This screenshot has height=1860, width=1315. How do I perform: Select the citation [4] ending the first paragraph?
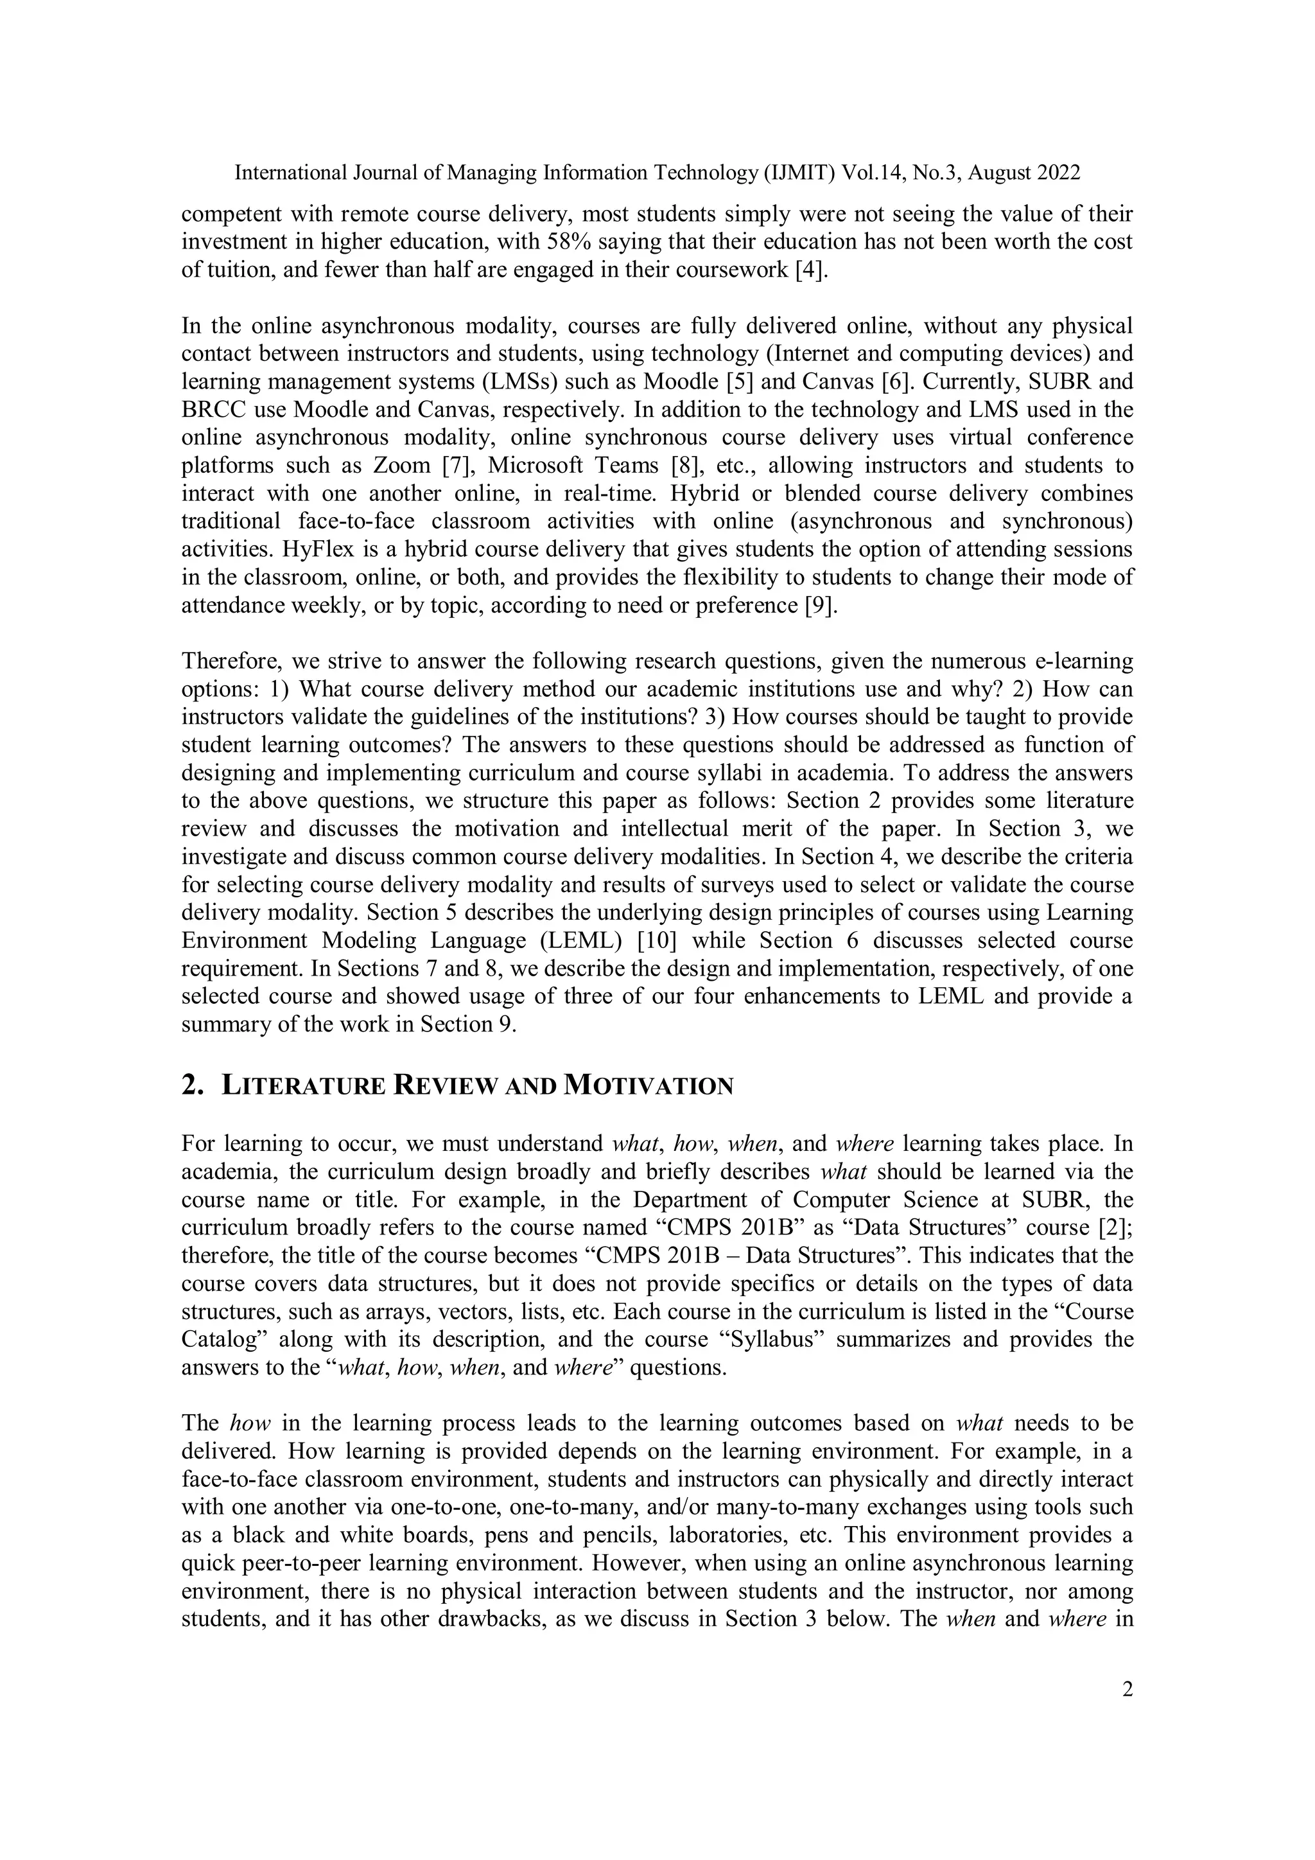tap(812, 270)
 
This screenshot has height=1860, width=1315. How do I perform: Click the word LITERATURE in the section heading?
tap(304, 1086)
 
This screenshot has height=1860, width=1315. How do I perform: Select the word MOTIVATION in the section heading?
tap(648, 1086)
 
